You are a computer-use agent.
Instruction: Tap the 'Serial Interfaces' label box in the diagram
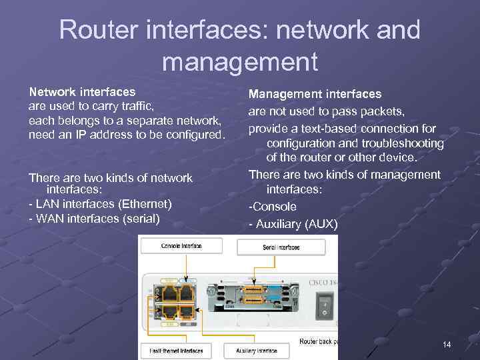281,247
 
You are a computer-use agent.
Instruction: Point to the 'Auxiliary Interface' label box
257,350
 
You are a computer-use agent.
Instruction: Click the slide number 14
447,345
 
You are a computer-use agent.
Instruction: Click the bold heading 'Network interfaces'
82,91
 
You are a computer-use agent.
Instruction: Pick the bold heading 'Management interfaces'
315,94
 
